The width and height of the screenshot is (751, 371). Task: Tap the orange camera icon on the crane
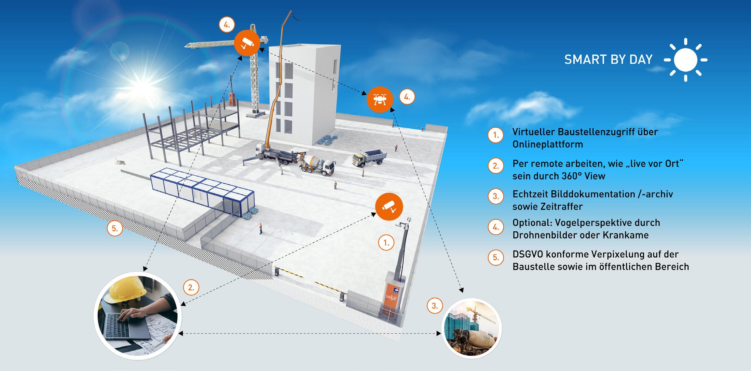pos(247,43)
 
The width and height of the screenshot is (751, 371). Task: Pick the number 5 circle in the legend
pos(496,258)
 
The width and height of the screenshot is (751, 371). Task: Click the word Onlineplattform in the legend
pos(548,144)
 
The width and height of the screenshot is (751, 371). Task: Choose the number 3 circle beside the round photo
pos(434,306)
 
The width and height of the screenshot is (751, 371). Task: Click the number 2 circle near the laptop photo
pos(191,288)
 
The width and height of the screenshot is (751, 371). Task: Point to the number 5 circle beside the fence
pos(115,228)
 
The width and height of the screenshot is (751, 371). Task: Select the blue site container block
pos(202,192)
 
